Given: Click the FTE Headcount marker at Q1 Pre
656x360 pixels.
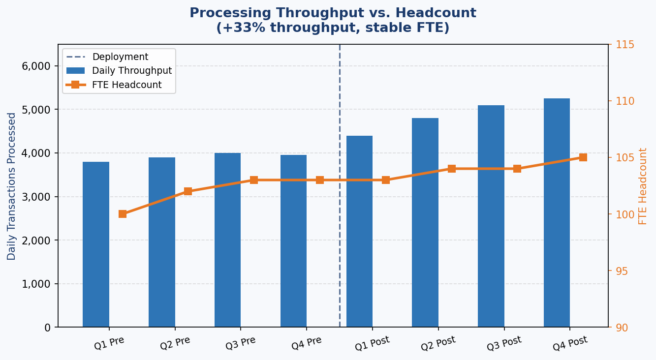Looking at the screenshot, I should [x=123, y=214].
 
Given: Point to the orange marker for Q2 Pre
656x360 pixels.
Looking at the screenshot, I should [x=188, y=191].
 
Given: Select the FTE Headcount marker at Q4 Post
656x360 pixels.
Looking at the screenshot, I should [x=583, y=157].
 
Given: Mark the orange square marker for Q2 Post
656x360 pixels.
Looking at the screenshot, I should [x=452, y=169].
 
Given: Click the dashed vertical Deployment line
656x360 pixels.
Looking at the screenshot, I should [x=340, y=246].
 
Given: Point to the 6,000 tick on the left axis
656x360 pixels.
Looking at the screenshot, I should [x=36, y=66].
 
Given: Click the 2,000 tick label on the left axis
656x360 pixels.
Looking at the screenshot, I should [x=36, y=240].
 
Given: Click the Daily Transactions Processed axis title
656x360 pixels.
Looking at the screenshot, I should [x=12, y=186].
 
